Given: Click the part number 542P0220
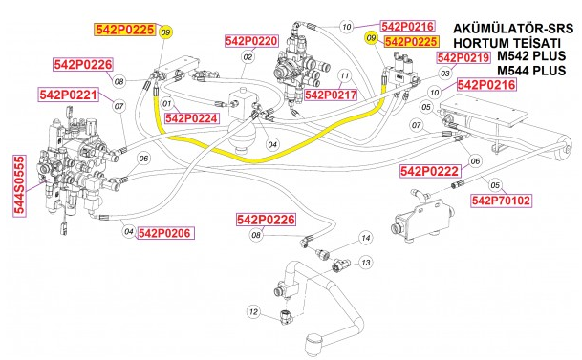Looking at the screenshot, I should [251, 41].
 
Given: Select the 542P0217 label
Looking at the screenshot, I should [330, 95].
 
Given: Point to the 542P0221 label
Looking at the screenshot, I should [68, 95].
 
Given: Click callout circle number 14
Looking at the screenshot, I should [364, 237].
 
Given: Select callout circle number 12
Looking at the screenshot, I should [252, 311].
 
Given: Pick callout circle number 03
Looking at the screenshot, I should [445, 73].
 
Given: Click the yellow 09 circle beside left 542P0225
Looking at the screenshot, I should [165, 32].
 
